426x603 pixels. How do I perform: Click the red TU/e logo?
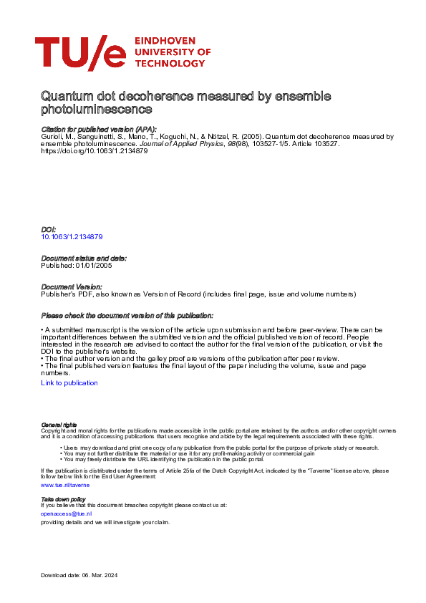[79, 53]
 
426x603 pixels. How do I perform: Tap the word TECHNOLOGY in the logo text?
[169, 63]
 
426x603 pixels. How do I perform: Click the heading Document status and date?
[84, 258]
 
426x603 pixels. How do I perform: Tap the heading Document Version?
[72, 286]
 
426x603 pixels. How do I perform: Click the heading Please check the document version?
[127, 316]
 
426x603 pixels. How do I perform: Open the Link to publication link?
[69, 383]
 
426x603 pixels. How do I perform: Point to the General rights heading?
[59, 425]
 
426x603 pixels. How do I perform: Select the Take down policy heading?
[63, 498]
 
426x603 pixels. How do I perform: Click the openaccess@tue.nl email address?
[67, 513]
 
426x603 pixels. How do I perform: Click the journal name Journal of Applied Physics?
[183, 143]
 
